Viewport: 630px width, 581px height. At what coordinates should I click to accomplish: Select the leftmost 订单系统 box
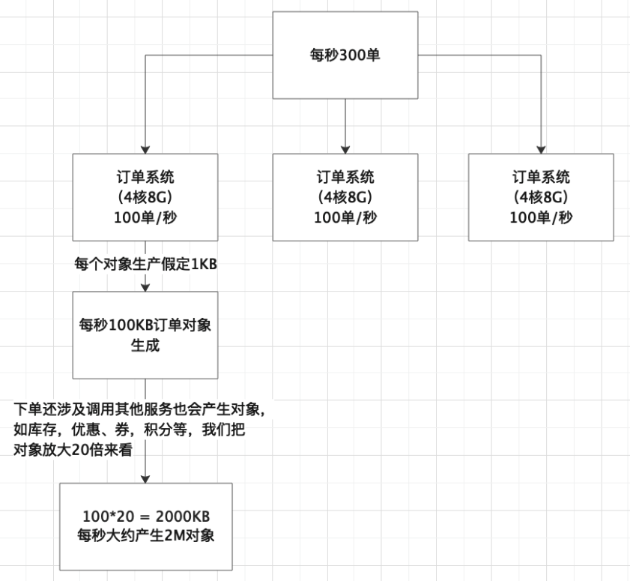pos(145,196)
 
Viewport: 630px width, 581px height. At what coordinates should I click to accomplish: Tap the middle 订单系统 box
pos(345,196)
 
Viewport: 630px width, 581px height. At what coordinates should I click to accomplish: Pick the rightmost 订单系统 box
pos(541,196)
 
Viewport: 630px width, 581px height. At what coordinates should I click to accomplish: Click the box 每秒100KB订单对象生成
pos(145,335)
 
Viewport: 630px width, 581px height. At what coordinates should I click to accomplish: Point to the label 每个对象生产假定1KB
pos(145,264)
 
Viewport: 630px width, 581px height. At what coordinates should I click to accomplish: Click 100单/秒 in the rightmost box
pos(541,217)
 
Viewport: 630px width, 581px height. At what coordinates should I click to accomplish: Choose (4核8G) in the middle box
pos(345,197)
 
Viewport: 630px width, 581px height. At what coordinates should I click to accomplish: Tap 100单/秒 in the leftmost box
pos(145,217)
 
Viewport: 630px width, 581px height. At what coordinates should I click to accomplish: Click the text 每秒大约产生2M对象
pos(146,536)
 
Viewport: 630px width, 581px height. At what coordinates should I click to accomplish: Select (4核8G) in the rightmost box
pos(541,197)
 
